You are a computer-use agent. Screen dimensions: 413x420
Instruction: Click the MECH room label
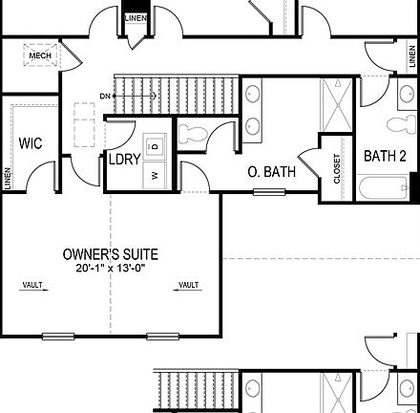click(x=39, y=56)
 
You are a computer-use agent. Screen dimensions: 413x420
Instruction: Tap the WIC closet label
click(x=30, y=143)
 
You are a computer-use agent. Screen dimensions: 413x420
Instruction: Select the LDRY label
click(x=125, y=160)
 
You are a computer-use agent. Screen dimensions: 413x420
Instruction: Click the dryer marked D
click(x=157, y=145)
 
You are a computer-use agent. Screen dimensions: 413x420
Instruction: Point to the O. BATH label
click(x=271, y=172)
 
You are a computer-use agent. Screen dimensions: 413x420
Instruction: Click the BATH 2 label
click(x=391, y=155)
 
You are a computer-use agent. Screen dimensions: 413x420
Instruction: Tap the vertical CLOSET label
click(x=336, y=168)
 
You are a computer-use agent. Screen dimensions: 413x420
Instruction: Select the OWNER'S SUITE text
click(x=111, y=254)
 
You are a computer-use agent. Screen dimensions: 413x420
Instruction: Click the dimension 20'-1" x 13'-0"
click(x=111, y=269)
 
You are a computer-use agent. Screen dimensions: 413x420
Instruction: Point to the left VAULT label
click(x=32, y=285)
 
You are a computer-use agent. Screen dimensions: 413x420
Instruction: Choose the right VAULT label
click(x=188, y=285)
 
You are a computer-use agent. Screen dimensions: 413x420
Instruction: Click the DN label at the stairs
click(x=104, y=95)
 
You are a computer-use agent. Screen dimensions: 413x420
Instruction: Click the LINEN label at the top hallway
click(x=136, y=18)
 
